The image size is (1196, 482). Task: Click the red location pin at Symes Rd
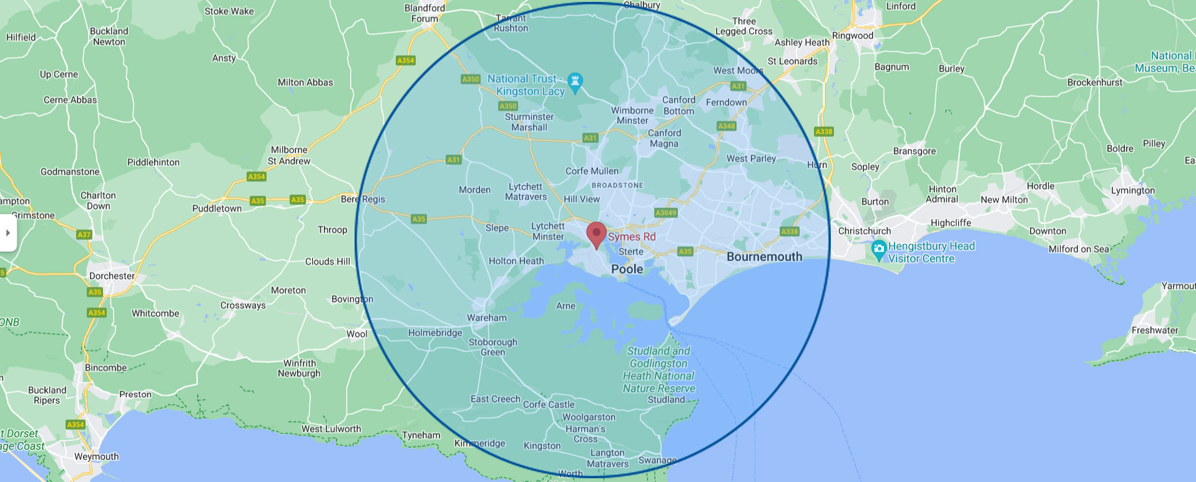click(596, 235)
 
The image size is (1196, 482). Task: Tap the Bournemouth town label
click(764, 257)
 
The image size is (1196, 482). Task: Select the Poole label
click(627, 269)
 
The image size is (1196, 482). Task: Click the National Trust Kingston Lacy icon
click(576, 81)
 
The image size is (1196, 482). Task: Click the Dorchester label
click(112, 276)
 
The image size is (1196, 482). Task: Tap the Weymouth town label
click(96, 456)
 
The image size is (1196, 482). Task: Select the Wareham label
click(487, 318)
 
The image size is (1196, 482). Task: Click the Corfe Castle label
click(549, 405)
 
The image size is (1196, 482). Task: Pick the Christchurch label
click(865, 231)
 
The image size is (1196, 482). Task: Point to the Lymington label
click(1132, 190)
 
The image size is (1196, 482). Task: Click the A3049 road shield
click(665, 213)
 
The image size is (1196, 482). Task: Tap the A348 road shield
click(726, 126)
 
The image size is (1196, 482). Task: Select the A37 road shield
click(84, 235)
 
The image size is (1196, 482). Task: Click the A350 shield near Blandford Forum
click(470, 79)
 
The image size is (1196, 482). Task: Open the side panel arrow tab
click(7, 233)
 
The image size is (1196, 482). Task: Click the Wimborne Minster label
click(632, 116)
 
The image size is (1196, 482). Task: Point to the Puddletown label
click(217, 209)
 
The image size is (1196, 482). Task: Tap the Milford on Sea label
click(1079, 249)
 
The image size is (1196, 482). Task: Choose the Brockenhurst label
click(1094, 82)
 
